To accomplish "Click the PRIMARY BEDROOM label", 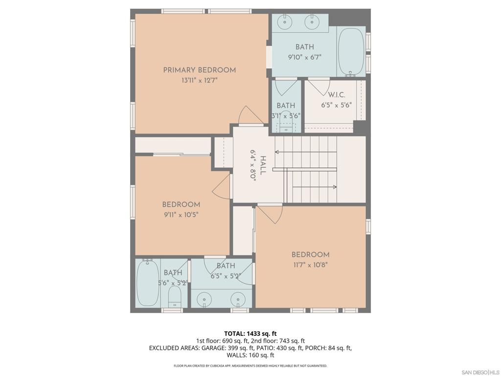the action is (x=200, y=70).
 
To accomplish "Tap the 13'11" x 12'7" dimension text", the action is (x=200, y=80).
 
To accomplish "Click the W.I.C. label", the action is (x=337, y=95).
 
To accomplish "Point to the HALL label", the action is (x=263, y=165).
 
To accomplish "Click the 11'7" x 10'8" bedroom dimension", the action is (x=310, y=265).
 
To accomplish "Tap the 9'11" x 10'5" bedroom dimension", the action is (x=181, y=215).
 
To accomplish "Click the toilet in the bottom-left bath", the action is (x=175, y=297).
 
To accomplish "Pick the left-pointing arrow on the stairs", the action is (x=306, y=152).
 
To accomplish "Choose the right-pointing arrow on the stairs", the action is (x=315, y=187).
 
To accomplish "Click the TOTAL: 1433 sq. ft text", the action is (x=250, y=334).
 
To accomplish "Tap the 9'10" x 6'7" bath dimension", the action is (x=304, y=57).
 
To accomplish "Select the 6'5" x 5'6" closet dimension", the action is (x=337, y=105).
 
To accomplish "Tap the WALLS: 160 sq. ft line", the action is (x=250, y=355).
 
